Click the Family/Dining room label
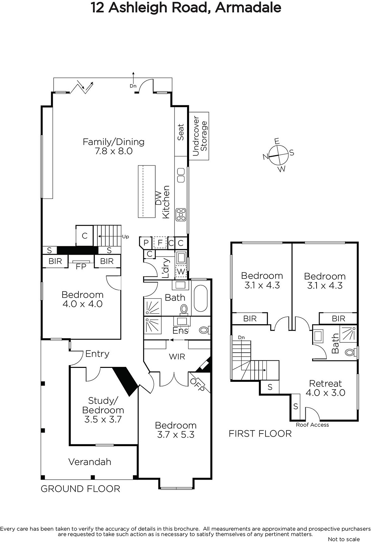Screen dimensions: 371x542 (x=114, y=146)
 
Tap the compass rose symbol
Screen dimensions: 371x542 (x=278, y=155)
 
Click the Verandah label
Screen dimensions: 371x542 (x=90, y=462)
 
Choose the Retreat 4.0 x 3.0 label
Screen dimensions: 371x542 (x=325, y=388)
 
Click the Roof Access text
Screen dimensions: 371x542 (x=312, y=425)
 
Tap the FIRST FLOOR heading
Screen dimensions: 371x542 (x=260, y=434)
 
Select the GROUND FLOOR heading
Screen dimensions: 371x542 (x=80, y=489)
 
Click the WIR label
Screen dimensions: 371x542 (x=177, y=356)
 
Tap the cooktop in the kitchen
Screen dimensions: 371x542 (x=181, y=215)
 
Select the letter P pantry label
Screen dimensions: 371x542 (x=146, y=243)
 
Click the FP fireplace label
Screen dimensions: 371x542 (x=81, y=266)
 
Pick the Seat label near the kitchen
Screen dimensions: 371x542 (x=181, y=132)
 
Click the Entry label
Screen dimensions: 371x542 (x=97, y=354)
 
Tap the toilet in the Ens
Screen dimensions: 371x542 (x=205, y=330)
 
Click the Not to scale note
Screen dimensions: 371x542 (x=344, y=539)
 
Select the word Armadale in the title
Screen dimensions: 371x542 (x=248, y=8)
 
